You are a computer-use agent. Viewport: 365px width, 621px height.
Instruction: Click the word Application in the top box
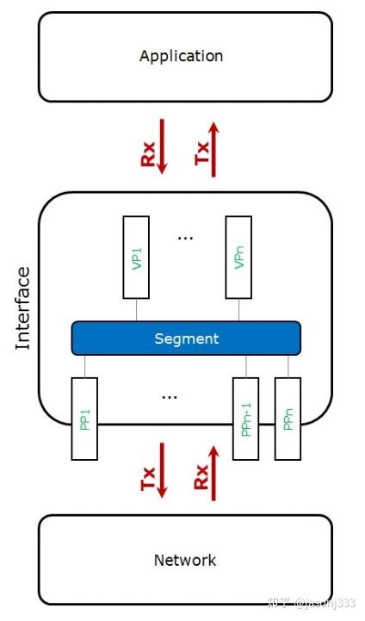click(181, 56)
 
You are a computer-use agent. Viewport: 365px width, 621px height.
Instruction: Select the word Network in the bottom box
click(185, 560)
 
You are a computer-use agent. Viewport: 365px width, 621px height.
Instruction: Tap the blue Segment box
click(186, 338)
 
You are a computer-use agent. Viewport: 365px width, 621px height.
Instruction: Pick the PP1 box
click(84, 419)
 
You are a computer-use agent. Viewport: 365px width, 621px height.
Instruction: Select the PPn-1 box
click(245, 419)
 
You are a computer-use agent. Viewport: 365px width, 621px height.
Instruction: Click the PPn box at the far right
click(288, 418)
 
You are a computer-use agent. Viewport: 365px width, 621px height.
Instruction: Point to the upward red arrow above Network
click(215, 471)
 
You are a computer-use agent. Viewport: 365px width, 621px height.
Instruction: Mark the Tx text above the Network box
click(145, 481)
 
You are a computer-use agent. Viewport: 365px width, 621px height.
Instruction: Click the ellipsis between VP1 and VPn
click(185, 236)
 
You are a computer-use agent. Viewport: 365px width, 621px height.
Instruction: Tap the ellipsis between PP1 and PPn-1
click(170, 397)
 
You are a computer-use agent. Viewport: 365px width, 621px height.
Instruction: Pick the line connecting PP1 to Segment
click(84, 366)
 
